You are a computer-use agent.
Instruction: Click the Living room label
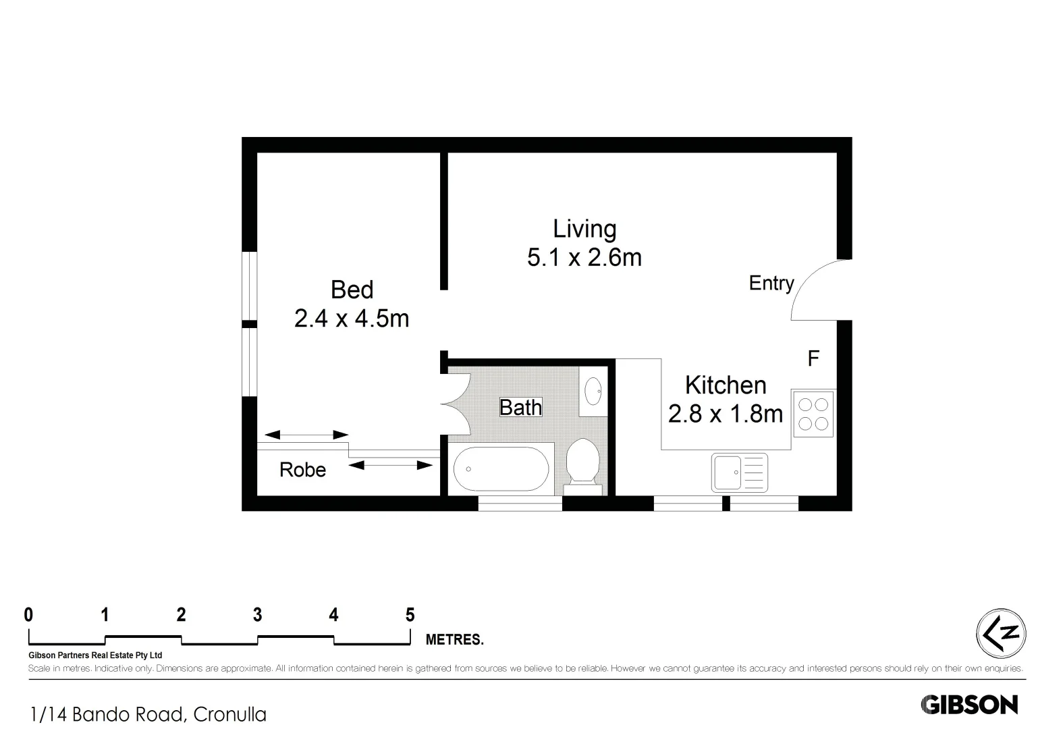pos(584,230)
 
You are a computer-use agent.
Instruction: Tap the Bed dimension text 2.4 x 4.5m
pos(352,319)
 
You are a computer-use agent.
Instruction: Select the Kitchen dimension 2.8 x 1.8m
pos(726,414)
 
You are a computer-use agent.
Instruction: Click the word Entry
pos(771,283)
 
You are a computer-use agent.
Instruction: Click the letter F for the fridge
pos(813,358)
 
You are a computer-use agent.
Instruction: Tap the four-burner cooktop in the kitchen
pos(813,414)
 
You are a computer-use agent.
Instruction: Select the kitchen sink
pos(739,472)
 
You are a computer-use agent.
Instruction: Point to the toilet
pos(582,462)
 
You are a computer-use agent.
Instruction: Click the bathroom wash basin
pos(593,390)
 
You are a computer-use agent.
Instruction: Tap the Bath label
pos(520,408)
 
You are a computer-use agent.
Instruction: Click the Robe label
pos(302,470)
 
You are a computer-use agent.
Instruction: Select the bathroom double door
pos(456,403)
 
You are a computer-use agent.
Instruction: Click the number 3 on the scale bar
pos(257,615)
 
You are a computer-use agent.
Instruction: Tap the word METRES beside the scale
pos(454,640)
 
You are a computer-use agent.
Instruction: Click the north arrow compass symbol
pos(1001,634)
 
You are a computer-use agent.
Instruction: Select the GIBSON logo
pos(969,705)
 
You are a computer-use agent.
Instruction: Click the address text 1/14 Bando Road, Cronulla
pos(148,714)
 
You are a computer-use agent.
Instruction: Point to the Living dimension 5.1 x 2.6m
pos(584,258)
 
